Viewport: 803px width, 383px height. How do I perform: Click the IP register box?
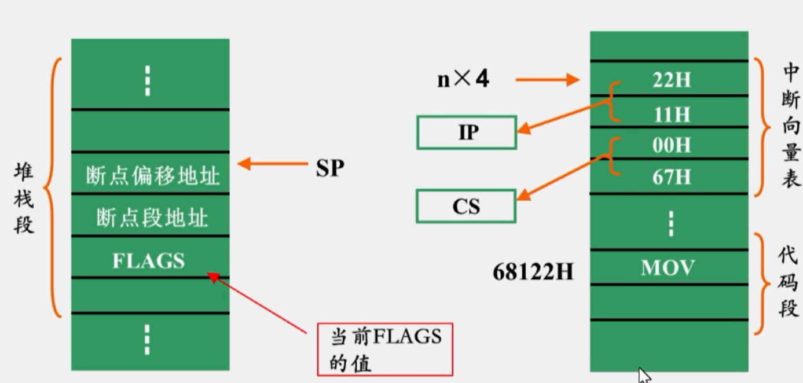click(466, 132)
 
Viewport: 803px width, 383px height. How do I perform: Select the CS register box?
click(465, 207)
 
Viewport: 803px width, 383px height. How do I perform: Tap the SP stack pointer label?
click(330, 168)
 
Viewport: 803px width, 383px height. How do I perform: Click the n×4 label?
click(463, 79)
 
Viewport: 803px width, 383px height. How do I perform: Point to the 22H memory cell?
click(670, 80)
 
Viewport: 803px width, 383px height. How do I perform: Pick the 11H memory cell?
click(670, 113)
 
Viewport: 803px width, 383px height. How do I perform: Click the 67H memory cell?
click(670, 176)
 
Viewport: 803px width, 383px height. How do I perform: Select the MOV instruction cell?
click(668, 267)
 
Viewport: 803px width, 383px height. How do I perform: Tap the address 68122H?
click(533, 271)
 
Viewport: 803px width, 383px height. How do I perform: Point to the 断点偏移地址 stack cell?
click(152, 175)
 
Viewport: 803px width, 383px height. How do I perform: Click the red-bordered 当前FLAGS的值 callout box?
click(385, 349)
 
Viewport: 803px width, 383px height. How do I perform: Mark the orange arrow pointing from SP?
click(272, 164)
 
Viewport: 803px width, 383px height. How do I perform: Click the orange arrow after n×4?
click(547, 80)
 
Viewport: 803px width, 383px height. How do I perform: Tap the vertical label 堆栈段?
click(24, 198)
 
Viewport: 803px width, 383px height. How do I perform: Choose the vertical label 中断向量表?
click(790, 126)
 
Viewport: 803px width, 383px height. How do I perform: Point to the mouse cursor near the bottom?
click(643, 374)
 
